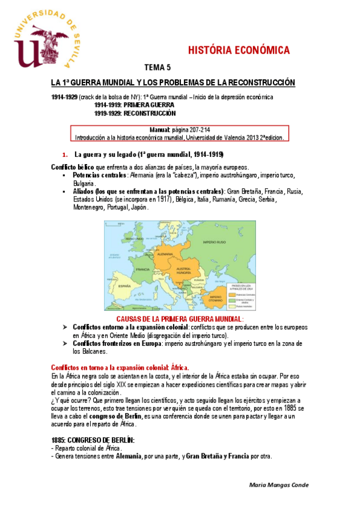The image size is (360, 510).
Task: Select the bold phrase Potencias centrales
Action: tap(96, 174)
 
